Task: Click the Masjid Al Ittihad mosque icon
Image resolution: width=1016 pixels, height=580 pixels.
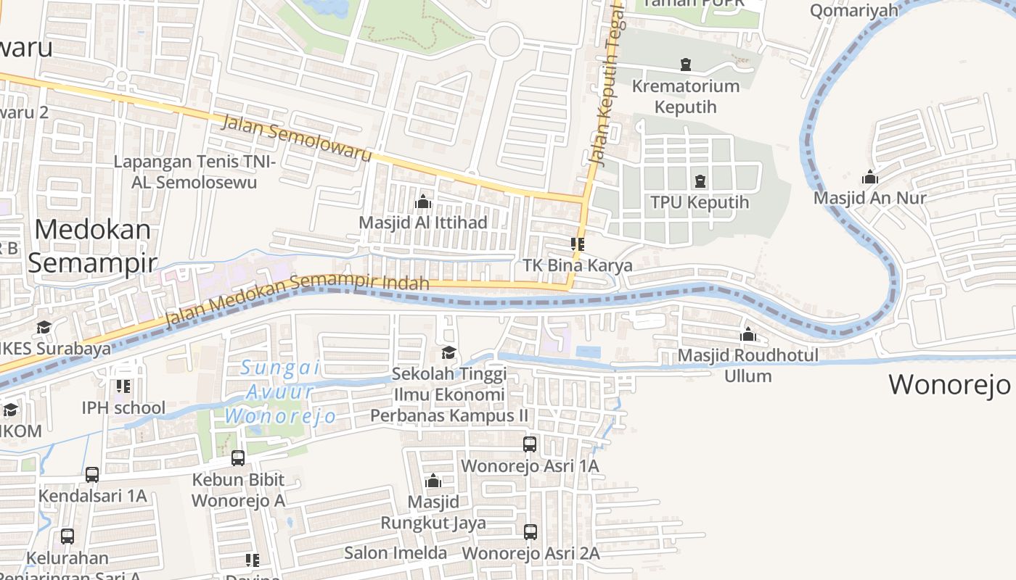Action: (x=423, y=202)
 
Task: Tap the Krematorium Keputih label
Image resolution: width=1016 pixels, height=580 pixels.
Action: (x=685, y=96)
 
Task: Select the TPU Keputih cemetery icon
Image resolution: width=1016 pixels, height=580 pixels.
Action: (x=700, y=181)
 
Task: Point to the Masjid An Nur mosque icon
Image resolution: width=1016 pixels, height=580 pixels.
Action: (x=869, y=177)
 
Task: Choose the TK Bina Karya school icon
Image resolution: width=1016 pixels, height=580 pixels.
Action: (x=578, y=244)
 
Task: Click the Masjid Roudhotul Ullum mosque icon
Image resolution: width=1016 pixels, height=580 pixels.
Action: (x=747, y=334)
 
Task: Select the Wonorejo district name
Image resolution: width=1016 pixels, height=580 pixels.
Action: (x=949, y=384)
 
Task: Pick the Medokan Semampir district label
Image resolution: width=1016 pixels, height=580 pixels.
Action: (x=92, y=246)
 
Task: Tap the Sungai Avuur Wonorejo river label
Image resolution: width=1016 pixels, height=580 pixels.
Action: (x=280, y=392)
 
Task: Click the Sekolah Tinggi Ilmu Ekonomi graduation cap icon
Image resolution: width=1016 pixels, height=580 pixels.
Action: (x=449, y=353)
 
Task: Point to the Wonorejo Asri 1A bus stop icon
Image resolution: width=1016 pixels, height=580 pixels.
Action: (x=530, y=444)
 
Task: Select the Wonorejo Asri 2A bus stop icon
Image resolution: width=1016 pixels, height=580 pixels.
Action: (x=530, y=532)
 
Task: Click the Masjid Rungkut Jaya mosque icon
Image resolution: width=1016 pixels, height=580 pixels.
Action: (x=433, y=481)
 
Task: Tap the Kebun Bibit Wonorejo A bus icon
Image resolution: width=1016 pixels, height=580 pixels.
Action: (x=238, y=457)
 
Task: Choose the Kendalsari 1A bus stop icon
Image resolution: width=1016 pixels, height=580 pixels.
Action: (x=92, y=475)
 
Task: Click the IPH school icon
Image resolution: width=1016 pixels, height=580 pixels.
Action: (x=123, y=386)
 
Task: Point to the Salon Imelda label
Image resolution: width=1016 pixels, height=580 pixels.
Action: (x=396, y=553)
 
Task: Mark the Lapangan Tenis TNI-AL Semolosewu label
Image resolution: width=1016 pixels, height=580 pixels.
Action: (x=194, y=172)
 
